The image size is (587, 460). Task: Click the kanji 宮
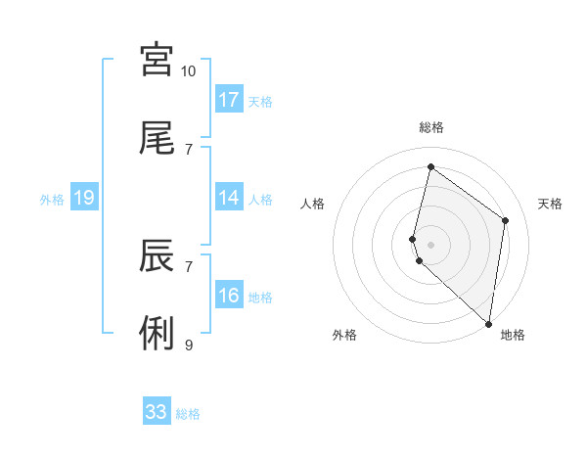[x=157, y=60]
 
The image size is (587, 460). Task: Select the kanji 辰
[x=157, y=255]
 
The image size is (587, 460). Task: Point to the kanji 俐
[x=157, y=334]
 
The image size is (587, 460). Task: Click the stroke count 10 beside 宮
[x=189, y=71]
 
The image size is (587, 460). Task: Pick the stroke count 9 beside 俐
[x=189, y=345]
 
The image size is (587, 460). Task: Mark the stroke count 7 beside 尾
[x=189, y=150]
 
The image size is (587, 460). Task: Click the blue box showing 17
[x=229, y=100]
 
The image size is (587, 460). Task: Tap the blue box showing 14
[x=229, y=198]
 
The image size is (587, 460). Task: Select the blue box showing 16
[x=229, y=296]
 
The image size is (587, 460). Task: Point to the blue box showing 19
[x=84, y=198]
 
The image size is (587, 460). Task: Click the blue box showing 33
[x=157, y=412]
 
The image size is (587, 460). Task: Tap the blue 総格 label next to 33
[x=188, y=414]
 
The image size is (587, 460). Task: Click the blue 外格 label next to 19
[x=52, y=200]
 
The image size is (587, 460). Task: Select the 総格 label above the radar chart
[x=431, y=127]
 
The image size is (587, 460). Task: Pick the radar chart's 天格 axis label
[x=551, y=204]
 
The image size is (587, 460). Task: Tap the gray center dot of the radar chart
[x=430, y=243]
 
